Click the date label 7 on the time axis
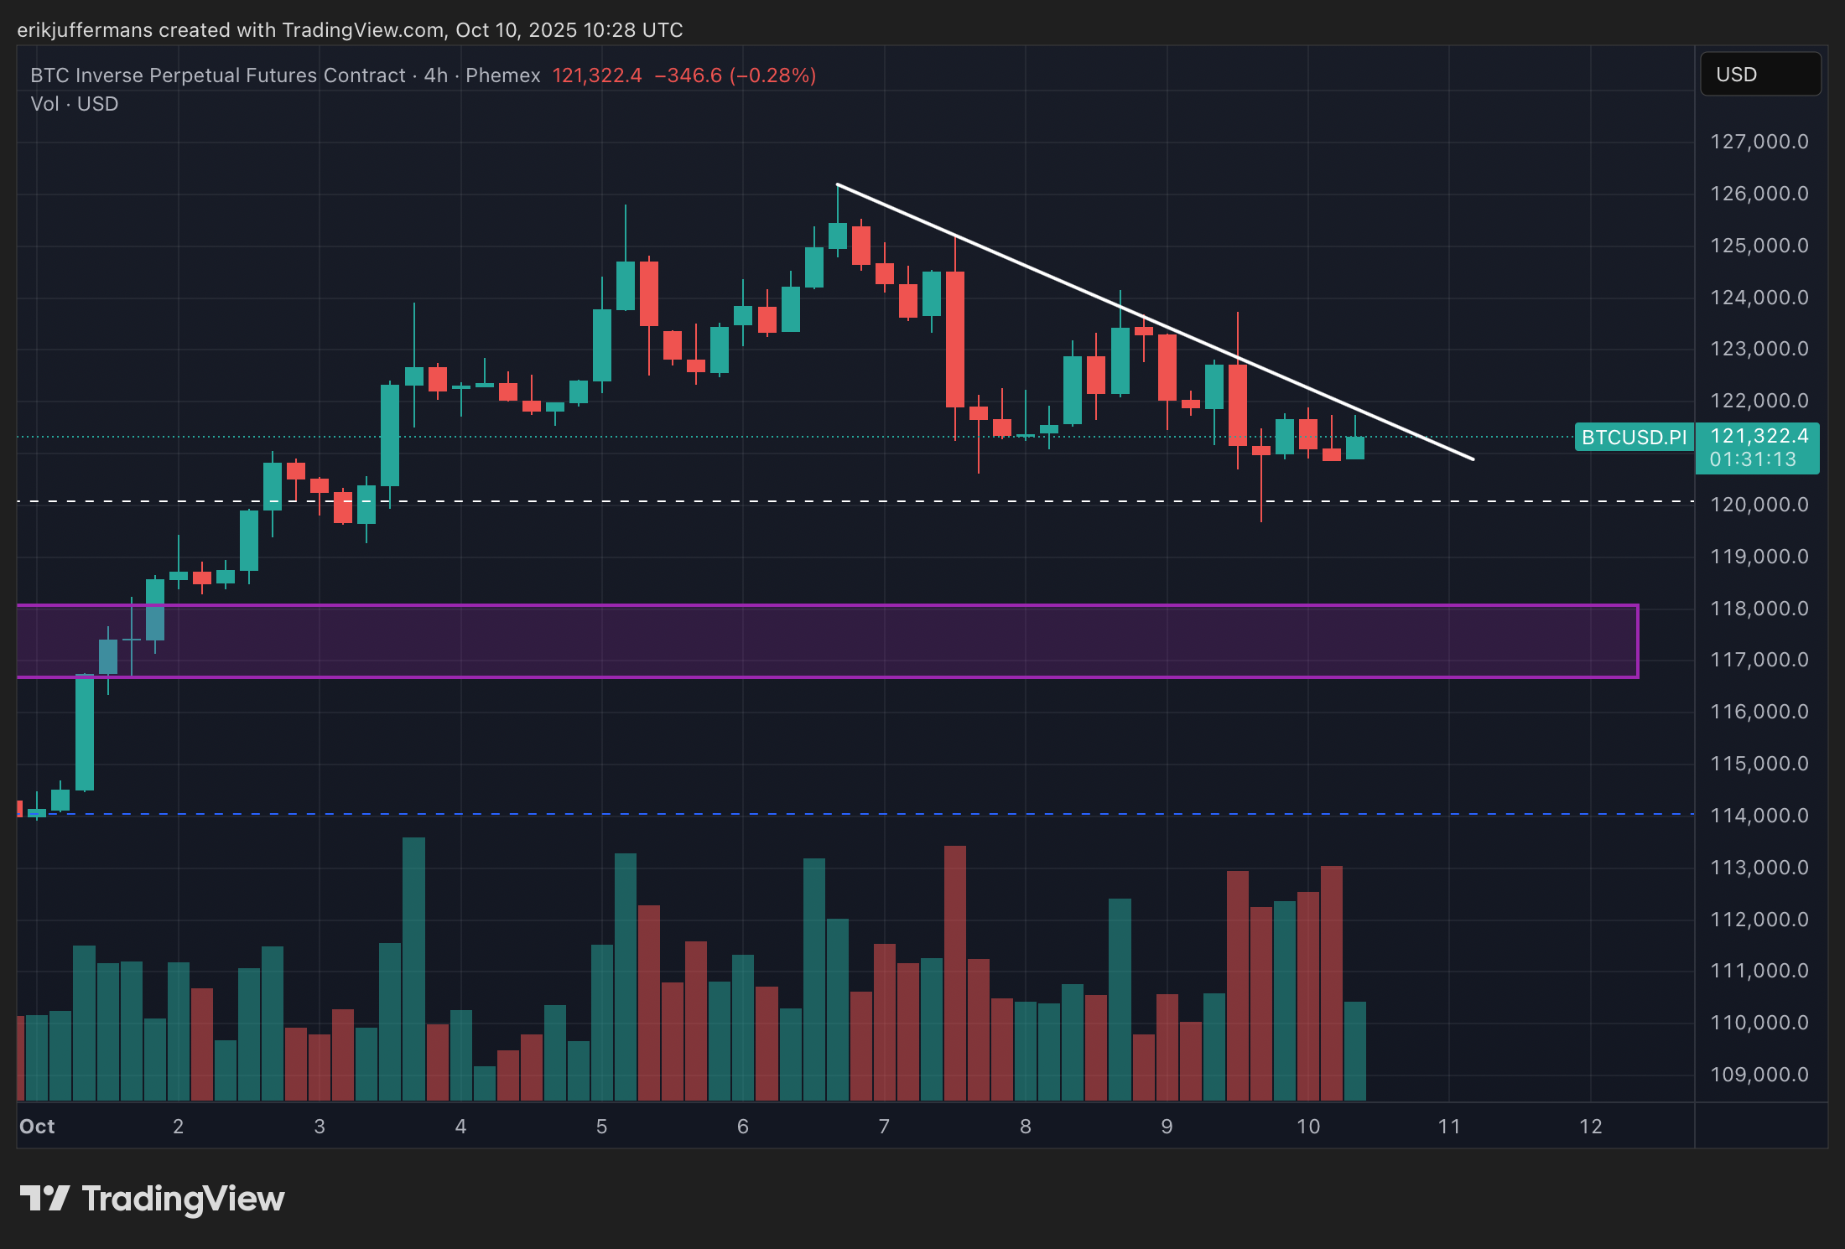pos(884,1127)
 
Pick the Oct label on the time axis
pos(37,1127)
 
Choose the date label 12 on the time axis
pos(1591,1127)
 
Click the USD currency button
pos(1759,75)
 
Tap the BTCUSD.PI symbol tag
pos(1634,438)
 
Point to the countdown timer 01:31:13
pos(1753,459)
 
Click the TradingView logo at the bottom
pos(152,1199)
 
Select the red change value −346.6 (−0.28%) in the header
pos(735,75)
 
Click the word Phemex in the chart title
pos(503,75)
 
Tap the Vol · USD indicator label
pos(75,104)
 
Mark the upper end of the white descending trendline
pos(838,184)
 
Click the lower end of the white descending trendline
pos(1473,459)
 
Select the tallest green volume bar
pos(413,968)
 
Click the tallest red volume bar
pos(955,972)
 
